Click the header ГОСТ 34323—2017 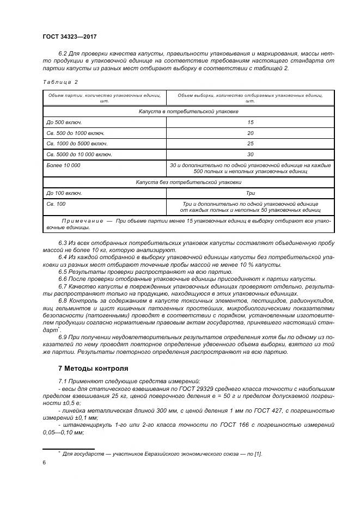[69, 36]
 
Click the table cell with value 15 [250, 122]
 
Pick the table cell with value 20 [250, 133]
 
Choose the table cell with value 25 [250, 144]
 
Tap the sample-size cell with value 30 [250, 154]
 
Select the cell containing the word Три [250, 193]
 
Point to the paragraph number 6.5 [63, 271]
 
